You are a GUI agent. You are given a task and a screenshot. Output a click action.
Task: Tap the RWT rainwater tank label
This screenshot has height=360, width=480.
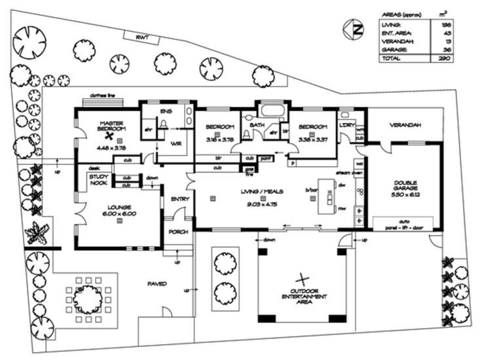coord(142,38)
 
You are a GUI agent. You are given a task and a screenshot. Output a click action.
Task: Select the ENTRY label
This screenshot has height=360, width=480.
coord(180,199)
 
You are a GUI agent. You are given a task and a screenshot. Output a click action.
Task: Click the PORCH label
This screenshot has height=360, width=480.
coord(179,232)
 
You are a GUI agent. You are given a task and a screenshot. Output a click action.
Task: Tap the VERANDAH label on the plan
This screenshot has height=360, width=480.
coord(405,125)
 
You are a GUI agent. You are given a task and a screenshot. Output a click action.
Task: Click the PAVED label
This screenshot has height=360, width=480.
coord(157,284)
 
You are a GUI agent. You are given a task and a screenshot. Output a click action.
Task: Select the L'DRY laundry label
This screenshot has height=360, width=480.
coord(346,125)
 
